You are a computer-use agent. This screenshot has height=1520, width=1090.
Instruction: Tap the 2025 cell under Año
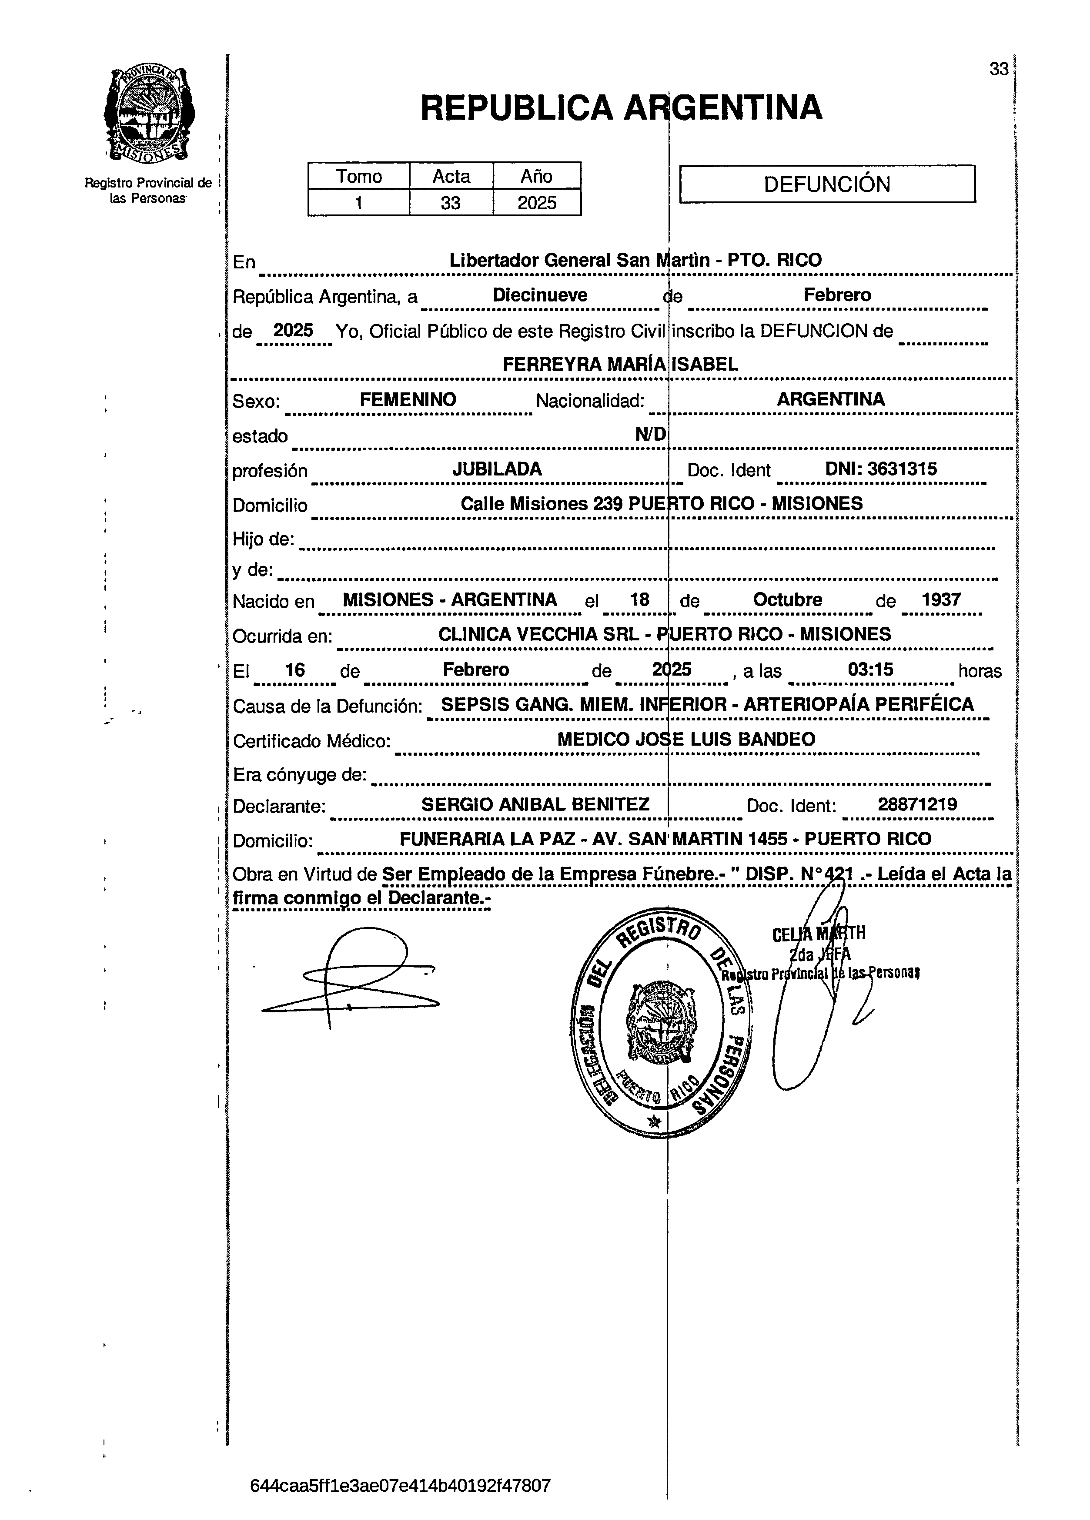537,202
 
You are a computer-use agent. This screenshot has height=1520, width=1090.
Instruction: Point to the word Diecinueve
540,295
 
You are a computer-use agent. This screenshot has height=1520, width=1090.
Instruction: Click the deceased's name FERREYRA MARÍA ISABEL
620,365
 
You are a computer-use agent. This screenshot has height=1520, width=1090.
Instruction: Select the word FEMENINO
408,399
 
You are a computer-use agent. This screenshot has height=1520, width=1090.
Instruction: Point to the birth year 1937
941,600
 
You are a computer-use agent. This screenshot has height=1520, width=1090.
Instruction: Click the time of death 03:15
870,670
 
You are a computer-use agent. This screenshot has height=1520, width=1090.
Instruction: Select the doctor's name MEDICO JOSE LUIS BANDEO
686,739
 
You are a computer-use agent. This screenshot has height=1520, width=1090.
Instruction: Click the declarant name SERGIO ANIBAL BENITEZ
535,804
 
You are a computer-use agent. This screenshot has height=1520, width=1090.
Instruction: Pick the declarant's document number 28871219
917,804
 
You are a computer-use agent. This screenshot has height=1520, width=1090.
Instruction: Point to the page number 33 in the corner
998,69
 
